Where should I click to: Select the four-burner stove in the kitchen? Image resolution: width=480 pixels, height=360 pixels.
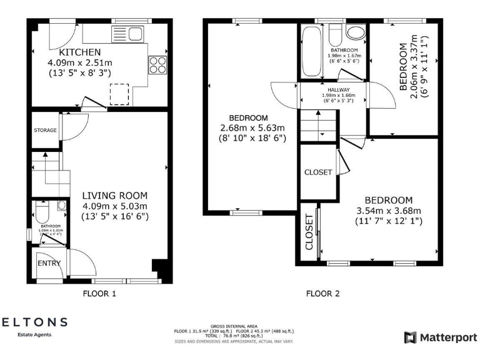pyautogui.click(x=157, y=64)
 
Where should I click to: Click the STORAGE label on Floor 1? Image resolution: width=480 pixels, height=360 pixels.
pyautogui.click(x=45, y=131)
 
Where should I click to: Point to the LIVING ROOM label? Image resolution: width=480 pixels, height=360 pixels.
pyautogui.click(x=115, y=195)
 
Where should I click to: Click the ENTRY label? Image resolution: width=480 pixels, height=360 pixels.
pyautogui.click(x=49, y=263)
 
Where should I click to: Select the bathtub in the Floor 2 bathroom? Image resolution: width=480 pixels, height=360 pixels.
pyautogui.click(x=310, y=54)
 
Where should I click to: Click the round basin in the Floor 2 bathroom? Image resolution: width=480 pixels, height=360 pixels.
pyautogui.click(x=356, y=33)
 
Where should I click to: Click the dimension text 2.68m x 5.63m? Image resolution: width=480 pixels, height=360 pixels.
pyautogui.click(x=249, y=128)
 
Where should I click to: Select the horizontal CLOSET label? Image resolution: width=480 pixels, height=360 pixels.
pyautogui.click(x=317, y=172)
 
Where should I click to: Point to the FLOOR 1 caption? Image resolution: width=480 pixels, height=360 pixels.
pyautogui.click(x=99, y=292)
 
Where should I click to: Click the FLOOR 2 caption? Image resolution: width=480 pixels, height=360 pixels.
pyautogui.click(x=322, y=292)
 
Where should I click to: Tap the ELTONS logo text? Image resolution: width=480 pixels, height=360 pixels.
pyautogui.click(x=34, y=322)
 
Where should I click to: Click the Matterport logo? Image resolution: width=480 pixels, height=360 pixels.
pyautogui.click(x=441, y=337)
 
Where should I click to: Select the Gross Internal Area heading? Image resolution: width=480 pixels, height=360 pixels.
pyautogui.click(x=234, y=326)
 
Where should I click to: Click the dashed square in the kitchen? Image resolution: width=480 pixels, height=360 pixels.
pyautogui.click(x=119, y=95)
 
